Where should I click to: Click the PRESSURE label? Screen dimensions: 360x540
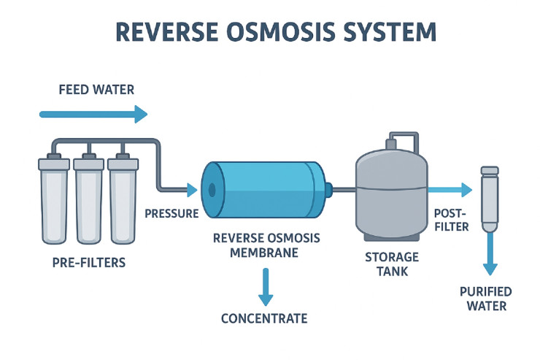(172, 214)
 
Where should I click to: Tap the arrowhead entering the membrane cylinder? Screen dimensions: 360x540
(192, 191)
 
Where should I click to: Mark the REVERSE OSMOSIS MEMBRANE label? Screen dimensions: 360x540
(265, 245)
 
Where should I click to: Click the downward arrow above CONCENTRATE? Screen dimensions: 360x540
(266, 288)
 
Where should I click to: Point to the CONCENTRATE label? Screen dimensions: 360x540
(266, 318)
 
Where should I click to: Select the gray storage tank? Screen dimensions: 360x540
(391, 190)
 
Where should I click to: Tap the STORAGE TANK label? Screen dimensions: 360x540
(391, 264)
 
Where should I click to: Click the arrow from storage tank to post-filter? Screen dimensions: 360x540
(450, 191)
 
